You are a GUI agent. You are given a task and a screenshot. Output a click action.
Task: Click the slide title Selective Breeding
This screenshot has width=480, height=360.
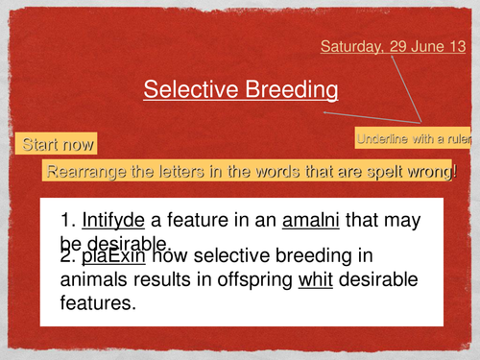point(240,89)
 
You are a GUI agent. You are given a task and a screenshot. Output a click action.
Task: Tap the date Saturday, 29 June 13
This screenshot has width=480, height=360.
point(393,46)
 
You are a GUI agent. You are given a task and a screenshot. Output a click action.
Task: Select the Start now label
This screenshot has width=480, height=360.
point(58,145)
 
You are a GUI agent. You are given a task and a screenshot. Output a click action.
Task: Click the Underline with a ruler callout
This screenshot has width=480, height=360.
point(416,139)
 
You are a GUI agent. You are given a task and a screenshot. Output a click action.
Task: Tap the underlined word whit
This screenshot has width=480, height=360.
point(317,280)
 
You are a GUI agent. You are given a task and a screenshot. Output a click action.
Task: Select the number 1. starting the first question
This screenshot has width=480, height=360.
point(68,221)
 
